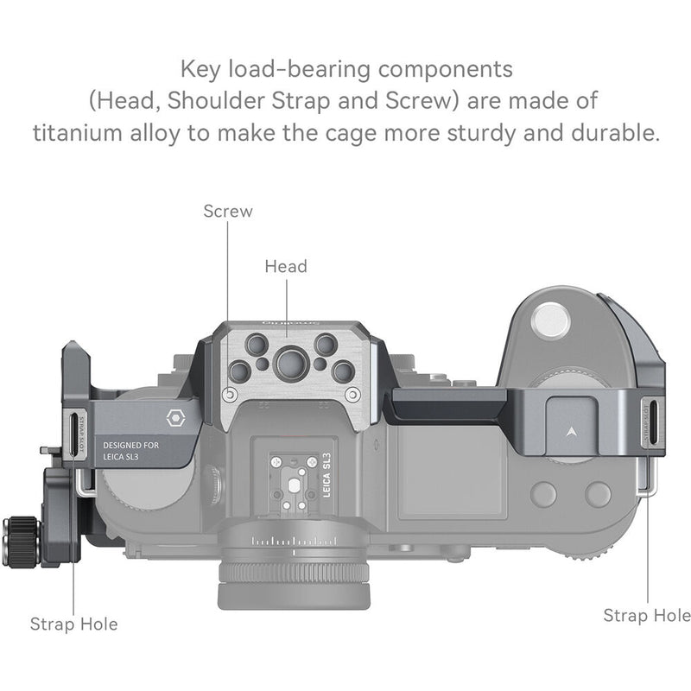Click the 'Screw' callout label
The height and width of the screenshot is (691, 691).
[x=228, y=210]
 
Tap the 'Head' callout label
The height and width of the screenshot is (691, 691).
[x=286, y=266]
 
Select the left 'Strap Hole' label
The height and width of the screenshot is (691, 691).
[x=73, y=623]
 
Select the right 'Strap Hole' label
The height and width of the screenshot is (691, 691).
[x=646, y=614]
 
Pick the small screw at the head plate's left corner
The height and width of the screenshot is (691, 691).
[x=228, y=395]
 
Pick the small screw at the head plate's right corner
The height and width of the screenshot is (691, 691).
[x=352, y=395]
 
